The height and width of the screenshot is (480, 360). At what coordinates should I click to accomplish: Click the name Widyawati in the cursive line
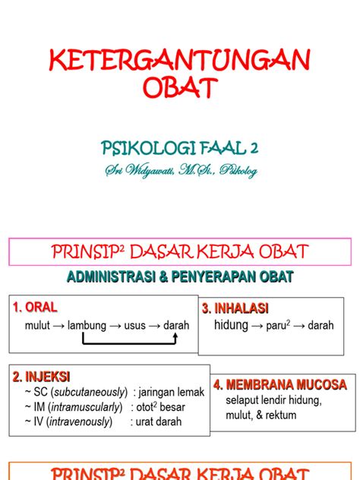[158, 170]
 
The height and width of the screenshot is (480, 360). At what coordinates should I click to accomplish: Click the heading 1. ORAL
[35, 308]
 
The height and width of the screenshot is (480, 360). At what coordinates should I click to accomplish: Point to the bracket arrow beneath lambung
[129, 343]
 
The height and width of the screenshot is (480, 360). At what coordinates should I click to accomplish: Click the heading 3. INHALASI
[235, 308]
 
